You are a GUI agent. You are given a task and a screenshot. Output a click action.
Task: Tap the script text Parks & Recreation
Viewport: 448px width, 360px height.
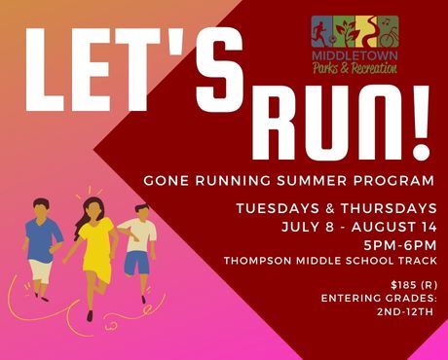(x=355, y=65)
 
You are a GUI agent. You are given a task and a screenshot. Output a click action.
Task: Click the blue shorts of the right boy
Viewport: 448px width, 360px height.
(x=137, y=262)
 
